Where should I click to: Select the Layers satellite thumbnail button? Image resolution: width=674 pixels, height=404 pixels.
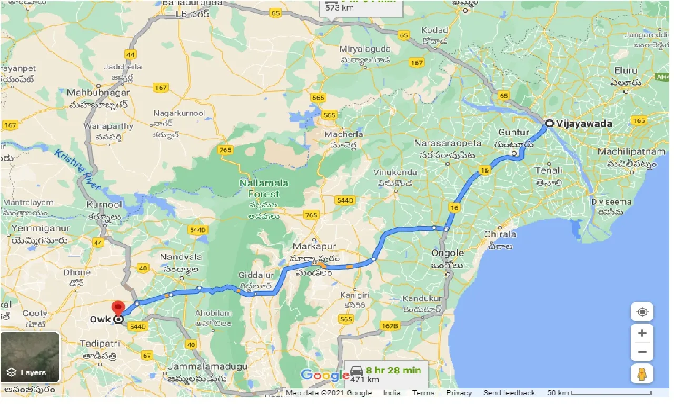tap(30, 357)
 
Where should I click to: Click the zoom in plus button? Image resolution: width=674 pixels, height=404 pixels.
tap(642, 333)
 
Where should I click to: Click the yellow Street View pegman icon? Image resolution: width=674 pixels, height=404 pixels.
tap(642, 373)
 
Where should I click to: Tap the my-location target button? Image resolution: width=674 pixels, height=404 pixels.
tap(642, 312)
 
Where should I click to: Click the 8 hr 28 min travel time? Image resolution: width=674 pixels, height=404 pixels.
tap(393, 370)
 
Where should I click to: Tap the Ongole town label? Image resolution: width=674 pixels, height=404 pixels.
tap(448, 253)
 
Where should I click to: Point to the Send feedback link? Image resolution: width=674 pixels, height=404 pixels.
tap(509, 393)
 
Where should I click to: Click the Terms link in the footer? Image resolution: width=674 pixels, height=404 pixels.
tap(423, 393)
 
